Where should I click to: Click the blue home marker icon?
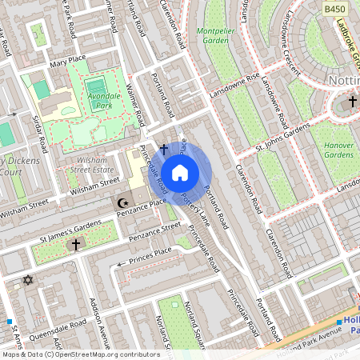pyautogui.click(x=180, y=173)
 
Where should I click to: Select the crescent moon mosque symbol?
pyautogui.click(x=122, y=204)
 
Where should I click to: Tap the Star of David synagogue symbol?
pyautogui.click(x=29, y=280)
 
